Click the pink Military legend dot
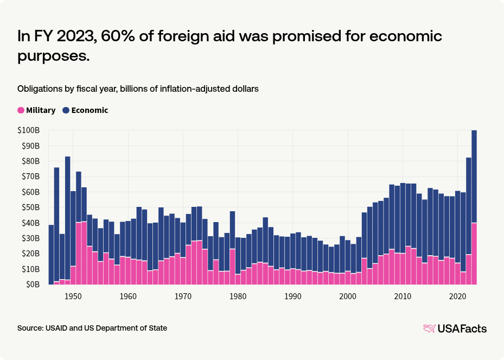click(x=21, y=110)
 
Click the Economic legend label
click(x=90, y=110)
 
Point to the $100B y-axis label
click(x=29, y=130)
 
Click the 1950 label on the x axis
click(x=73, y=296)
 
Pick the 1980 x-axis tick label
click(x=238, y=296)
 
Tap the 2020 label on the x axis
click(x=458, y=296)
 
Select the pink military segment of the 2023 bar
click(x=474, y=254)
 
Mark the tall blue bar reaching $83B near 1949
click(x=68, y=217)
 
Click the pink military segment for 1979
click(x=233, y=266)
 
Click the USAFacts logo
click(x=455, y=329)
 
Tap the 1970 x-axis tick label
click(x=183, y=296)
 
